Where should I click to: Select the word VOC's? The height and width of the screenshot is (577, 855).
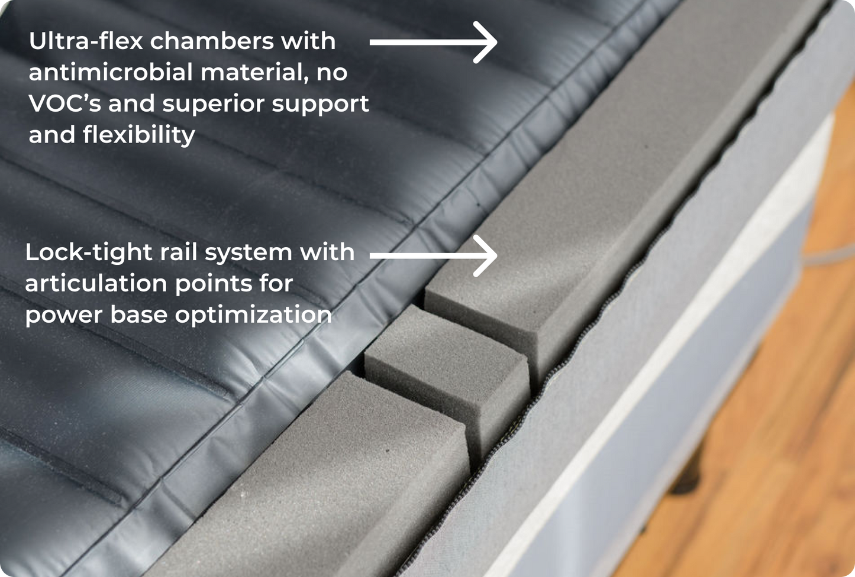[x=65, y=103]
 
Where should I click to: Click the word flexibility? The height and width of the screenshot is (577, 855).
[x=139, y=135]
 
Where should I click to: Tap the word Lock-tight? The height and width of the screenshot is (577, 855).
[x=89, y=252]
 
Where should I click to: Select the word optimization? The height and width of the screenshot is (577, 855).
[x=253, y=315]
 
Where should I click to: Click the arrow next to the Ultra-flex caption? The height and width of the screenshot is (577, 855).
[x=433, y=43]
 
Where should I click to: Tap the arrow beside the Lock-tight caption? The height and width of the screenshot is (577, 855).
[x=433, y=255]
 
